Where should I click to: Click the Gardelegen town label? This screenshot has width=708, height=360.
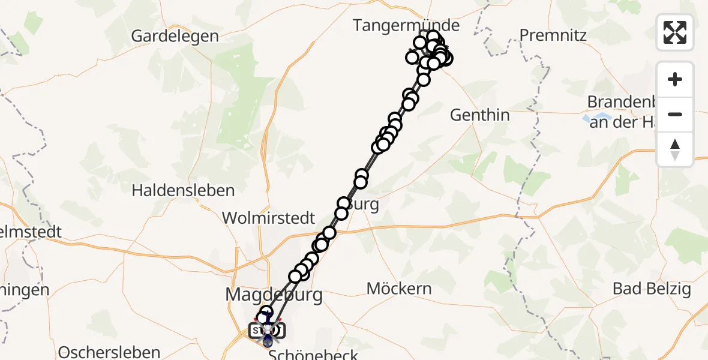[175, 36]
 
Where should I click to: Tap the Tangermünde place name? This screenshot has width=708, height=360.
[406, 26]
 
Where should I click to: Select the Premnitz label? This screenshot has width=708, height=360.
[553, 35]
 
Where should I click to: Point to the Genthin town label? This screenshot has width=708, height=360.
[479, 115]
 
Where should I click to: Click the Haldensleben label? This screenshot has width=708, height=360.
[183, 191]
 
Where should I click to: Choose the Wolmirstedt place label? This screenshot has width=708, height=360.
[269, 218]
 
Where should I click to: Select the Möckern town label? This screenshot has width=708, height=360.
[399, 289]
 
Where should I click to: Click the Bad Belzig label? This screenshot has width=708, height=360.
[652, 289]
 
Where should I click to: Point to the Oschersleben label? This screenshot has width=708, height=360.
[110, 352]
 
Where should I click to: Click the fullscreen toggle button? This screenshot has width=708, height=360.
[675, 32]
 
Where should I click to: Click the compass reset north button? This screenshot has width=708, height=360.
[675, 149]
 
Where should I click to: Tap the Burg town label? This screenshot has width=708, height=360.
[366, 205]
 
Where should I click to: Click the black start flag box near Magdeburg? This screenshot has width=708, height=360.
[257, 331]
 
